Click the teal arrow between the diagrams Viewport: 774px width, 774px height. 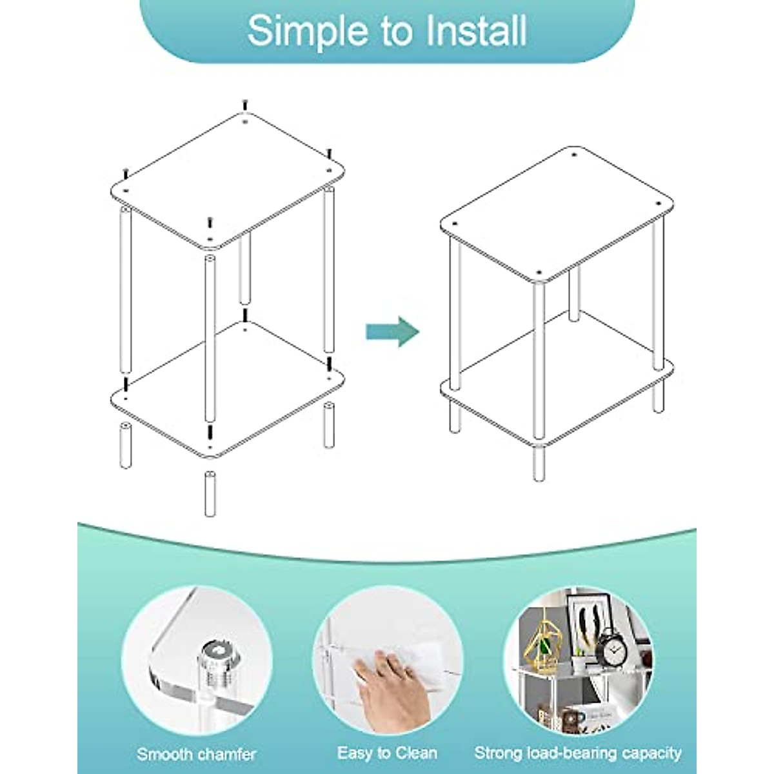pyautogui.click(x=393, y=332)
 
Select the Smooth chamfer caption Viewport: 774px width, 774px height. pyautogui.click(x=197, y=753)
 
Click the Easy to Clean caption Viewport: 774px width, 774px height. pyautogui.click(x=387, y=753)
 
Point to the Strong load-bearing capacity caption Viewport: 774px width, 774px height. pyautogui.click(x=578, y=753)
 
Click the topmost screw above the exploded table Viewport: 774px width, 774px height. pyautogui.click(x=244, y=104)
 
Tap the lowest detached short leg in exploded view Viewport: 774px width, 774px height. pyautogui.click(x=210, y=493)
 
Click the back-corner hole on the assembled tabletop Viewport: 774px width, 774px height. pyautogui.click(x=573, y=155)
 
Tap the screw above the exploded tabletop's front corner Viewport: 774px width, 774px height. pyautogui.click(x=210, y=223)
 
